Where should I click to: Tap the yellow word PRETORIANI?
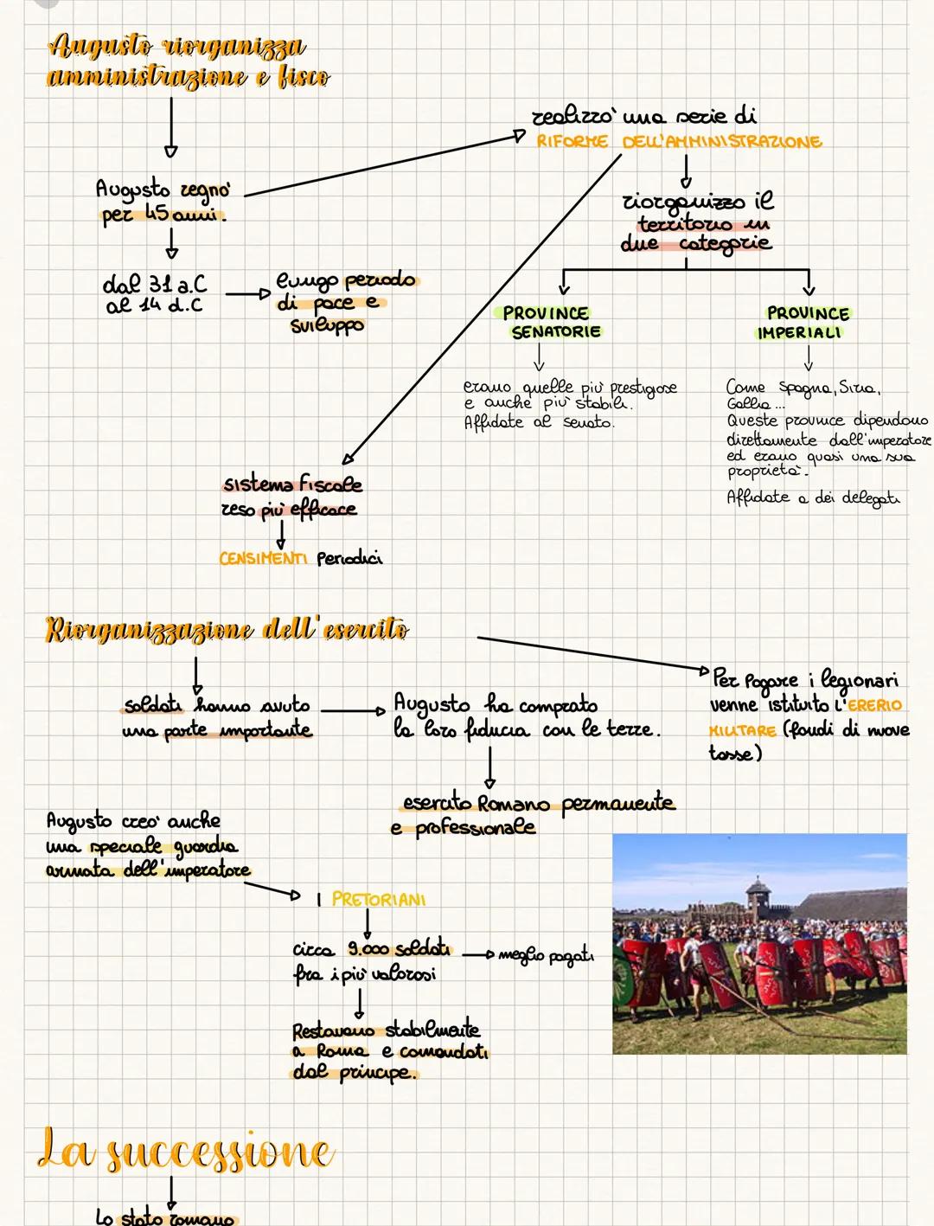coord(379,899)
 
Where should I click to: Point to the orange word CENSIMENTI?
coord(263,559)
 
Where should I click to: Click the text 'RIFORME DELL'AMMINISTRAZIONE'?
coord(679,142)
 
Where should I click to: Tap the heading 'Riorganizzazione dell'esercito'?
coord(227,629)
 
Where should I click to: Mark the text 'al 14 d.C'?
coord(153,305)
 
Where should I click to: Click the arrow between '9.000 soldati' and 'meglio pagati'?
coord(477,954)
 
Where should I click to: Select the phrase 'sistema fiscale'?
coord(292,485)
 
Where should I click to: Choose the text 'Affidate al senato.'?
coord(539,423)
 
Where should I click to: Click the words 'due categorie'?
coord(696,244)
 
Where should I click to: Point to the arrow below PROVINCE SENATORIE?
coord(539,356)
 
